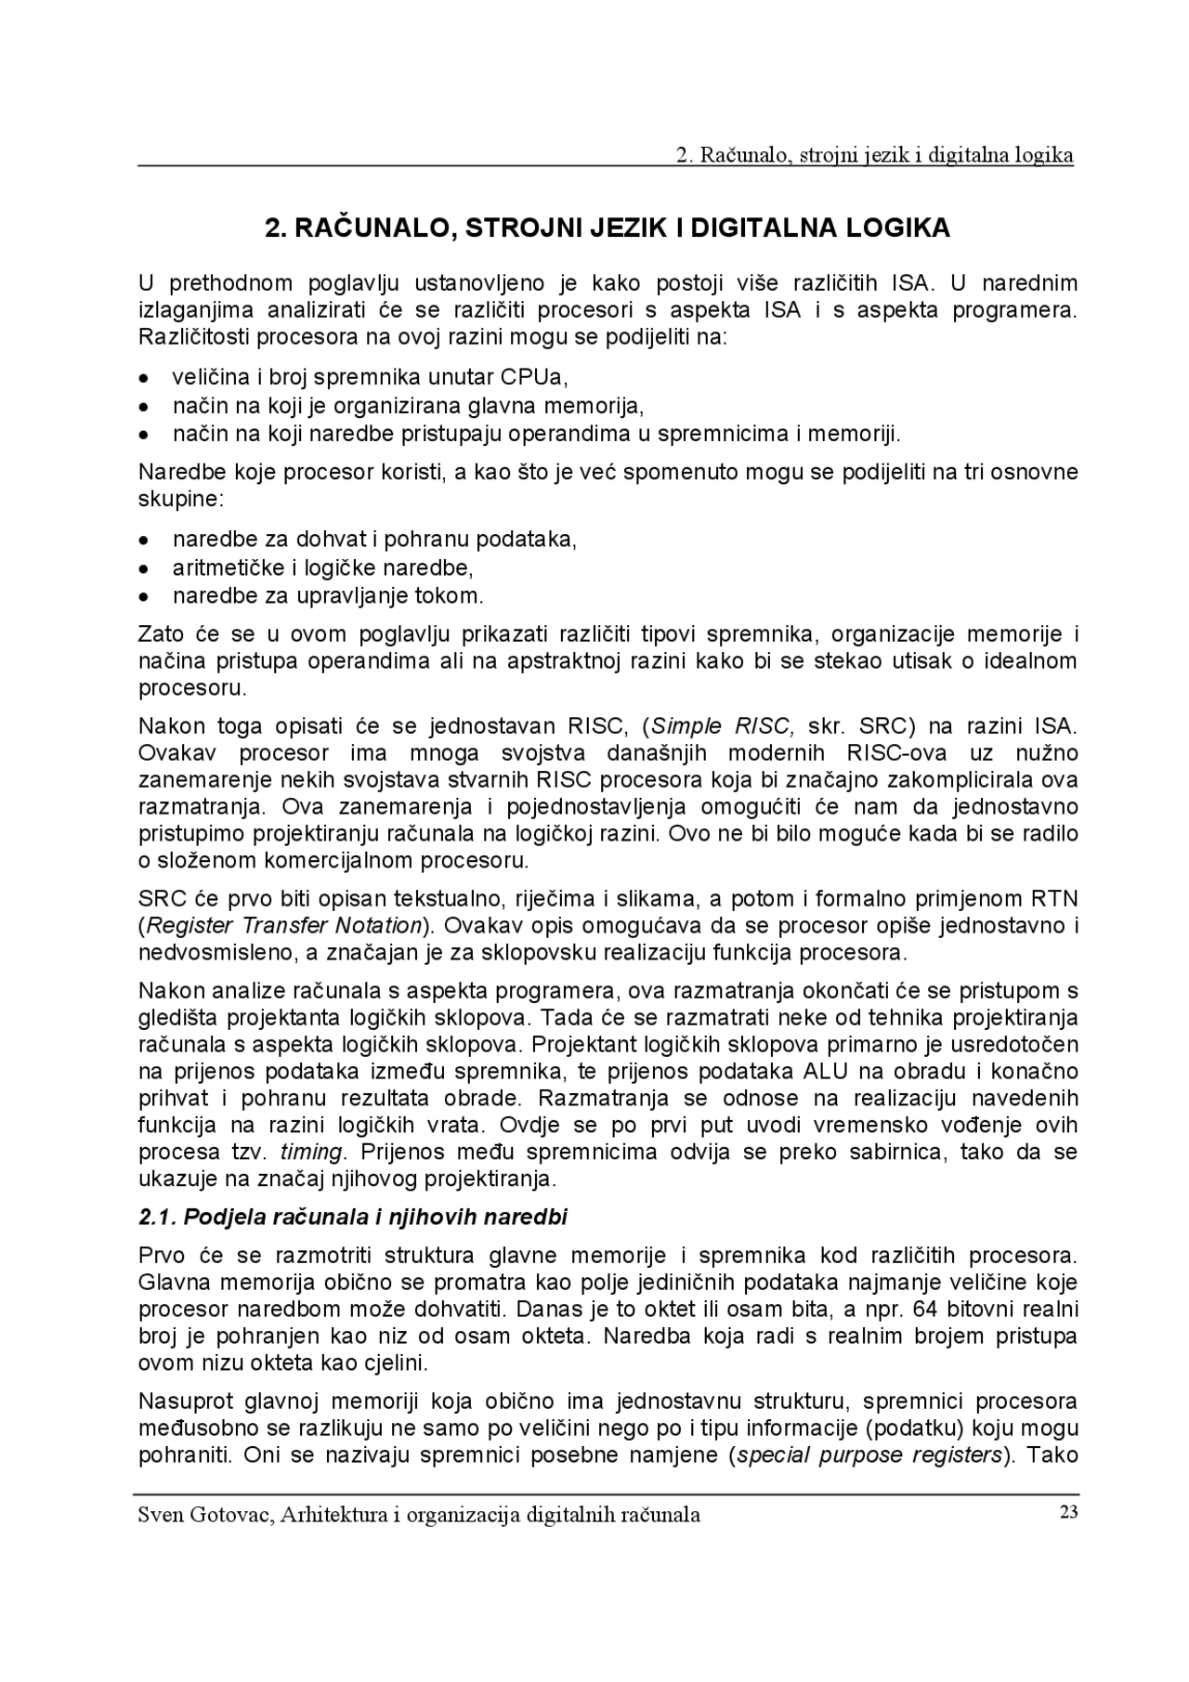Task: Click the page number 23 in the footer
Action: pos(1067,1511)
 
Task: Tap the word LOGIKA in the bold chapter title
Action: pos(898,228)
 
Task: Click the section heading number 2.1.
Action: pos(157,1217)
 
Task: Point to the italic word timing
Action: pos(312,1152)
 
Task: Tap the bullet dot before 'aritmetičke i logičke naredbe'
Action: pos(143,567)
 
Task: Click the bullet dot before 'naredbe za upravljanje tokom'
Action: pos(143,595)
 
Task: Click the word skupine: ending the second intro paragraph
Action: pos(181,499)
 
